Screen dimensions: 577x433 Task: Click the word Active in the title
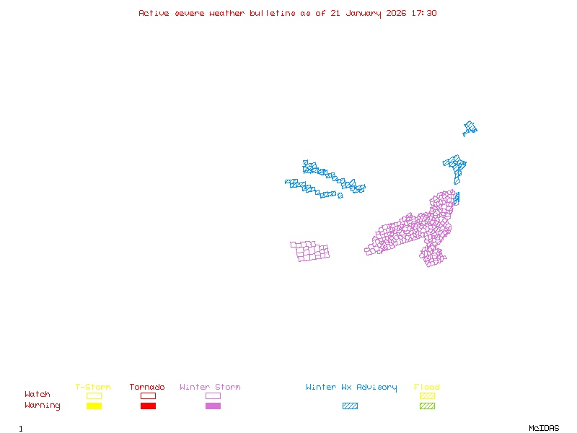(154, 13)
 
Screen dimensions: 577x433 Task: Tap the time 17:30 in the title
(423, 13)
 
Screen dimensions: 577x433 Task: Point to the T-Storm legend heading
(93, 388)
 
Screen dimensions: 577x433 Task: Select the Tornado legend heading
(147, 388)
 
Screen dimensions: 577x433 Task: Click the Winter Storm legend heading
(210, 388)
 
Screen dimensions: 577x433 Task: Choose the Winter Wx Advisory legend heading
(351, 388)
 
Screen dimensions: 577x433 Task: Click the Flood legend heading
(427, 388)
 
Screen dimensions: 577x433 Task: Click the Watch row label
(38, 395)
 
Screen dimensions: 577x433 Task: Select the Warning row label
(43, 406)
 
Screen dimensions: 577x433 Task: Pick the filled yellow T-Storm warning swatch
(94, 406)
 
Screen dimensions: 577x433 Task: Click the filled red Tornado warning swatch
(148, 406)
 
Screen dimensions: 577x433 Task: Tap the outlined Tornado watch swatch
(148, 395)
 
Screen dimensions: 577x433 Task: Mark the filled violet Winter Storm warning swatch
(213, 406)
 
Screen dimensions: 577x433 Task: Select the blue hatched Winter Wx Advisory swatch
(350, 406)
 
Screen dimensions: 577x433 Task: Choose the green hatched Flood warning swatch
(427, 406)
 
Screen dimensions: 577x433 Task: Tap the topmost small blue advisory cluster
(470, 128)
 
